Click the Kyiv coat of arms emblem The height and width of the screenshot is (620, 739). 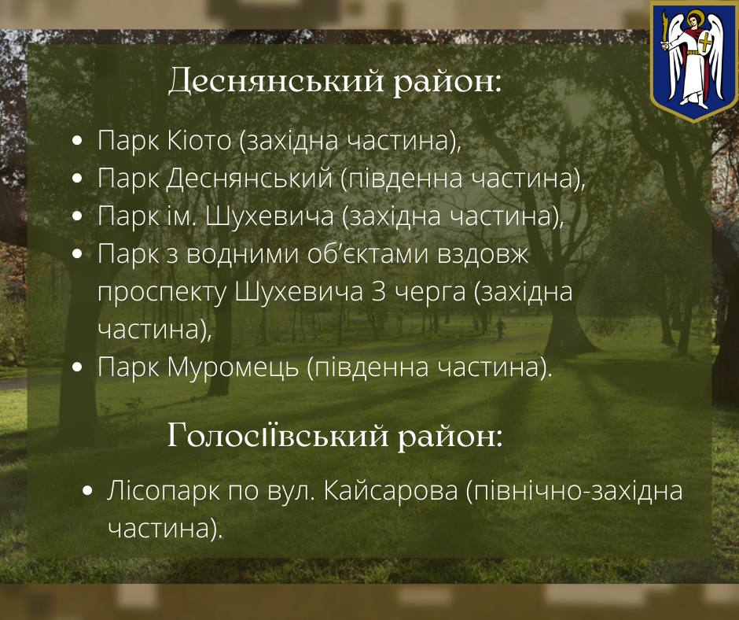pyautogui.click(x=693, y=61)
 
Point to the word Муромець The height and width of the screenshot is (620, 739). pyautogui.click(x=233, y=367)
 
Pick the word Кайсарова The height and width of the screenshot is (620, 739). pyautogui.click(x=391, y=490)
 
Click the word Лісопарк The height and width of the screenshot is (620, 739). pyautogui.click(x=163, y=490)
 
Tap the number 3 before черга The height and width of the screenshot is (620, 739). pyautogui.click(x=378, y=292)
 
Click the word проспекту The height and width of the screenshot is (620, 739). pyautogui.click(x=162, y=293)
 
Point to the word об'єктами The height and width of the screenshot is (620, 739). pyautogui.click(x=368, y=254)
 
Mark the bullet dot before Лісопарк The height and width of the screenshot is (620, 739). pyautogui.click(x=86, y=491)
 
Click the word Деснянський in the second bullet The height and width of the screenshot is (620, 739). pyautogui.click(x=249, y=179)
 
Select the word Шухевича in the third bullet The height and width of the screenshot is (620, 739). pyautogui.click(x=270, y=216)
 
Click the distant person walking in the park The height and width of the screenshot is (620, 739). pyautogui.click(x=500, y=328)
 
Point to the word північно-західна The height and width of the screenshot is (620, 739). pyautogui.click(x=574, y=490)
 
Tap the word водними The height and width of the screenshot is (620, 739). pyautogui.click(x=243, y=255)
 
